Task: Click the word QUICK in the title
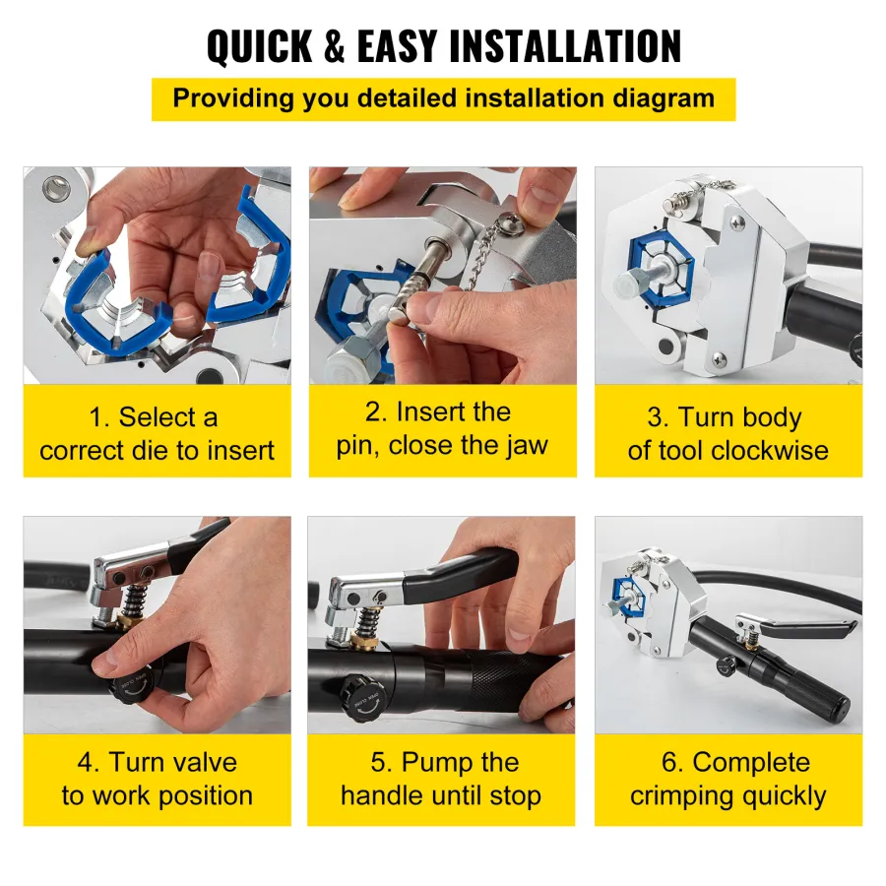[x=259, y=45]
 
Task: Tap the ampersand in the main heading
[x=335, y=45]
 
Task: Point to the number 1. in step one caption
[x=98, y=418]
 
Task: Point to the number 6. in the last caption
[x=672, y=762]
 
